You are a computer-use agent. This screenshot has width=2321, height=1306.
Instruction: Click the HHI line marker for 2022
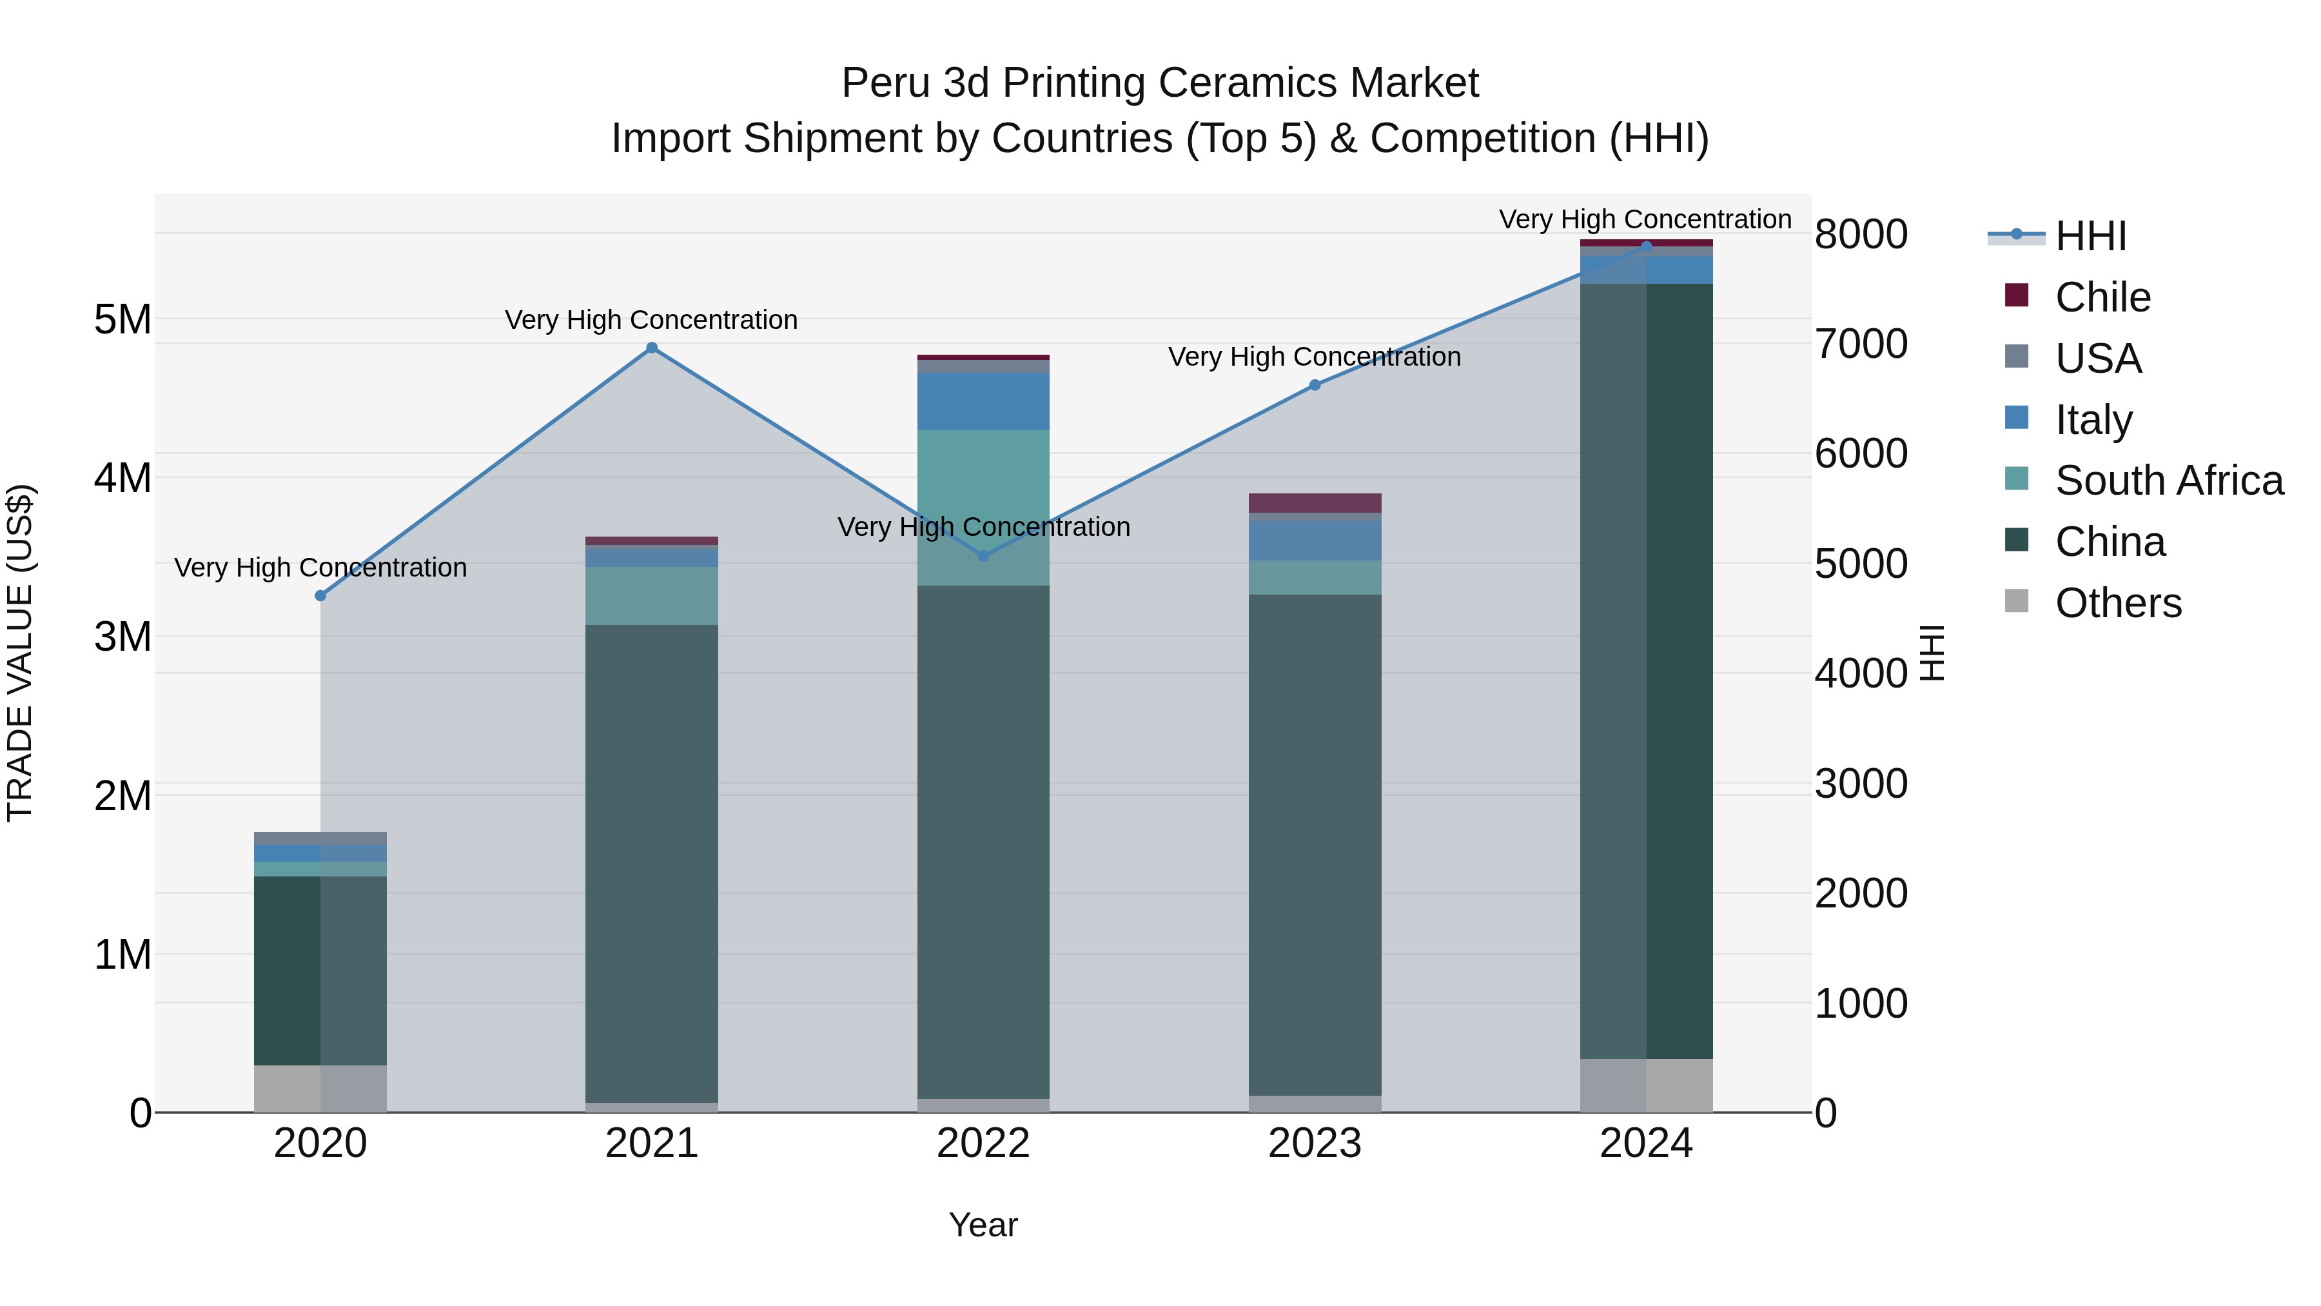(x=983, y=556)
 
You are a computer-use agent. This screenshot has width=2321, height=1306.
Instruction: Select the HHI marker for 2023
(x=1315, y=385)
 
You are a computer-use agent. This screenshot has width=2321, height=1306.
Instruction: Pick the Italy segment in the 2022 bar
(x=983, y=401)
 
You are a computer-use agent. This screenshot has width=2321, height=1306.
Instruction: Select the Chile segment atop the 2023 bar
(x=1315, y=503)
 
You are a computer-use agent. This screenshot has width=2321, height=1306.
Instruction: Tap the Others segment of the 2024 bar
(x=1646, y=1085)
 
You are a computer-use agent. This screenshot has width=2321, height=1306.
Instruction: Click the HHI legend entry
(x=2090, y=236)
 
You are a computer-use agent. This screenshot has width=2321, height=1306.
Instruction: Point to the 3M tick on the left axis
(x=122, y=637)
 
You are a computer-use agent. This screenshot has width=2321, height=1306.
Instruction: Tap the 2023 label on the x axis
(x=1315, y=1143)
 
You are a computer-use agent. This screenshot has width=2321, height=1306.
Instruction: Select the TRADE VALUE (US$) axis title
(x=20, y=653)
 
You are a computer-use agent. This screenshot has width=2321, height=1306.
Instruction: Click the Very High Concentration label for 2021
(x=651, y=320)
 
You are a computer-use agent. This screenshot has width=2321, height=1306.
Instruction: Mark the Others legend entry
(x=2117, y=603)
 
